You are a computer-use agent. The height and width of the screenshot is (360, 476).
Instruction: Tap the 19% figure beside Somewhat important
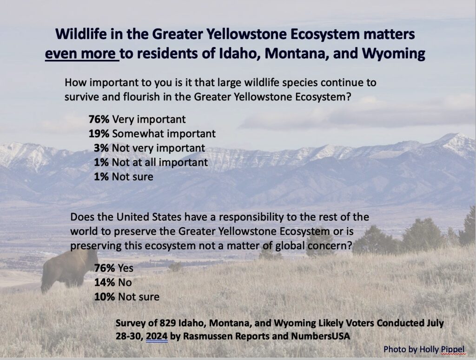tap(99, 133)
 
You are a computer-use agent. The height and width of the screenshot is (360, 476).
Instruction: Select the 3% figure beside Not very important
tap(101, 148)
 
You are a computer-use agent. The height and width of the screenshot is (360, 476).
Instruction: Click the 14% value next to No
tap(105, 282)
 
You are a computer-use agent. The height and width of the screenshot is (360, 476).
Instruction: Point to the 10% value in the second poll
tap(105, 297)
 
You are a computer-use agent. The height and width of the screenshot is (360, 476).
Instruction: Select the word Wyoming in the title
tap(393, 54)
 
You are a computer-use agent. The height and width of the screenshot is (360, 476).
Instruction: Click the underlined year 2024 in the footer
tap(157, 336)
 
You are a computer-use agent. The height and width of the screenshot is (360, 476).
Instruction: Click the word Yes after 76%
tap(126, 268)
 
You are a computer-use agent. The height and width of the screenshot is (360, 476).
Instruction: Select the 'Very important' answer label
tap(149, 120)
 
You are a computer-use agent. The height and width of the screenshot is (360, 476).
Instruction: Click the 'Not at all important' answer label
tap(160, 162)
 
